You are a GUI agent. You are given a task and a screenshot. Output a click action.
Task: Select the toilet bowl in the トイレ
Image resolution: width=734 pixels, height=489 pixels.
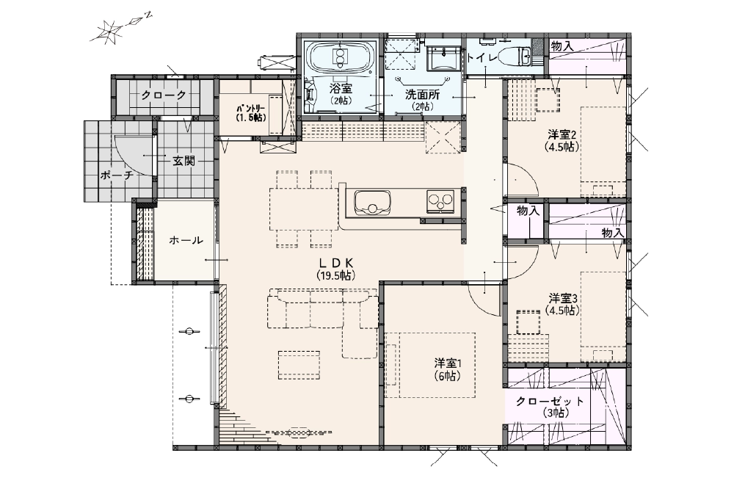pos(515,57)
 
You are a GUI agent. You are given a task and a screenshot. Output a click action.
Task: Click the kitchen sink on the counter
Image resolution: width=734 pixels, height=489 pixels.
pos(372,203)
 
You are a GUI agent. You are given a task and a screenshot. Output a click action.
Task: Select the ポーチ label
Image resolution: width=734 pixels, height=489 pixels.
pos(117,175)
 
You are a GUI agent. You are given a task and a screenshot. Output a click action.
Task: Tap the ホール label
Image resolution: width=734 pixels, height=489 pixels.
pos(186,241)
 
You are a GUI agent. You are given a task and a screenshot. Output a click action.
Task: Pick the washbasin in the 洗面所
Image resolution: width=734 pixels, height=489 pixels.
pos(443,59)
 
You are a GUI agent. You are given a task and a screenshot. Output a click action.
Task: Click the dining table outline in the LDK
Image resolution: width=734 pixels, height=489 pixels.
pos(303,208)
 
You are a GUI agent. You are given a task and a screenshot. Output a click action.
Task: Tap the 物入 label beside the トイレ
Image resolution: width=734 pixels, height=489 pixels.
pos(562,46)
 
